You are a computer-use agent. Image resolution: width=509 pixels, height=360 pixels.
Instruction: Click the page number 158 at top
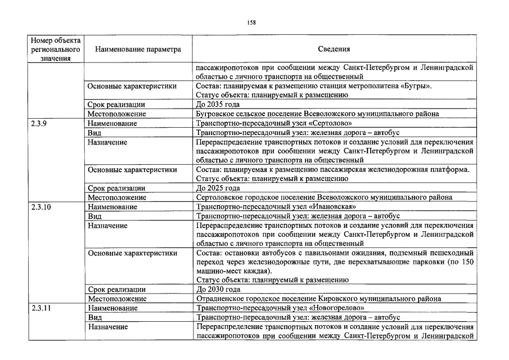[x=251, y=22]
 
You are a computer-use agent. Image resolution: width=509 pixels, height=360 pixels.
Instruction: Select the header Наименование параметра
[x=138, y=49]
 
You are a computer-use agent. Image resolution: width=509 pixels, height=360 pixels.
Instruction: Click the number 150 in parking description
[x=470, y=262]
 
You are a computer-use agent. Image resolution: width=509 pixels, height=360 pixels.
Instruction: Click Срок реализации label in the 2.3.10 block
[x=116, y=289]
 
